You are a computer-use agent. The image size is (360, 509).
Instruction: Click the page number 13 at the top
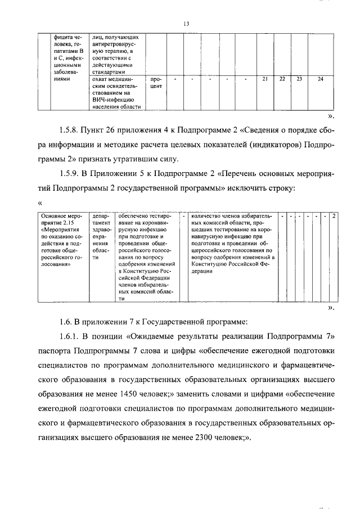186,24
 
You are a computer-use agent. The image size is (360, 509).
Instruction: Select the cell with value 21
265,79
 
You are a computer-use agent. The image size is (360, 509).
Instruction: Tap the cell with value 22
282,79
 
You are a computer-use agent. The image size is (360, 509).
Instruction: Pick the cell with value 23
299,79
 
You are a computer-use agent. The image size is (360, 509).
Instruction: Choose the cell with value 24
320,79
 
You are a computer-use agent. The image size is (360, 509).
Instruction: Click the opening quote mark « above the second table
40,203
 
